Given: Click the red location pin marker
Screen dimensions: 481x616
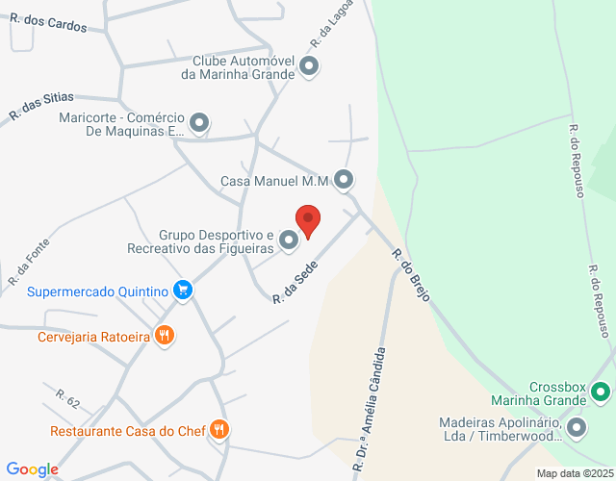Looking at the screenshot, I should click(x=307, y=221).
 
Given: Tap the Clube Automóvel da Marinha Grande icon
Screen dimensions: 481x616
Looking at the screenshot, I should click(x=309, y=66).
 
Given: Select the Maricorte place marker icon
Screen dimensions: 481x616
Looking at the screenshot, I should click(x=199, y=122).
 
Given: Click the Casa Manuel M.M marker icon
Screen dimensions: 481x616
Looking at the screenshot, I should click(x=344, y=180).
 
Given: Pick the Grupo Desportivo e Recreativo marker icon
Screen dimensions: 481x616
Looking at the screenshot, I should click(x=289, y=240).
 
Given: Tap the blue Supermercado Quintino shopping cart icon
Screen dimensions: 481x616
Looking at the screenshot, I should click(x=183, y=291).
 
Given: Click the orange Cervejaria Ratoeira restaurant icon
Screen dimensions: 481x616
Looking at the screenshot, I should click(x=166, y=336).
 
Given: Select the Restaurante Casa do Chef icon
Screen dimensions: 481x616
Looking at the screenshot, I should click(x=219, y=429).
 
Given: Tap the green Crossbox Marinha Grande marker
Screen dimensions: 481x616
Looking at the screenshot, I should click(x=601, y=392).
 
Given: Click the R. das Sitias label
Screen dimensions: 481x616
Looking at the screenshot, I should click(x=40, y=107).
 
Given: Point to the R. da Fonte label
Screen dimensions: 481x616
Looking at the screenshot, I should click(x=28, y=263).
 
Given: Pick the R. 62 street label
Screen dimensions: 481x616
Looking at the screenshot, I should click(x=67, y=397).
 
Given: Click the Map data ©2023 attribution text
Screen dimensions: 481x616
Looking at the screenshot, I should click(x=574, y=473).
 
